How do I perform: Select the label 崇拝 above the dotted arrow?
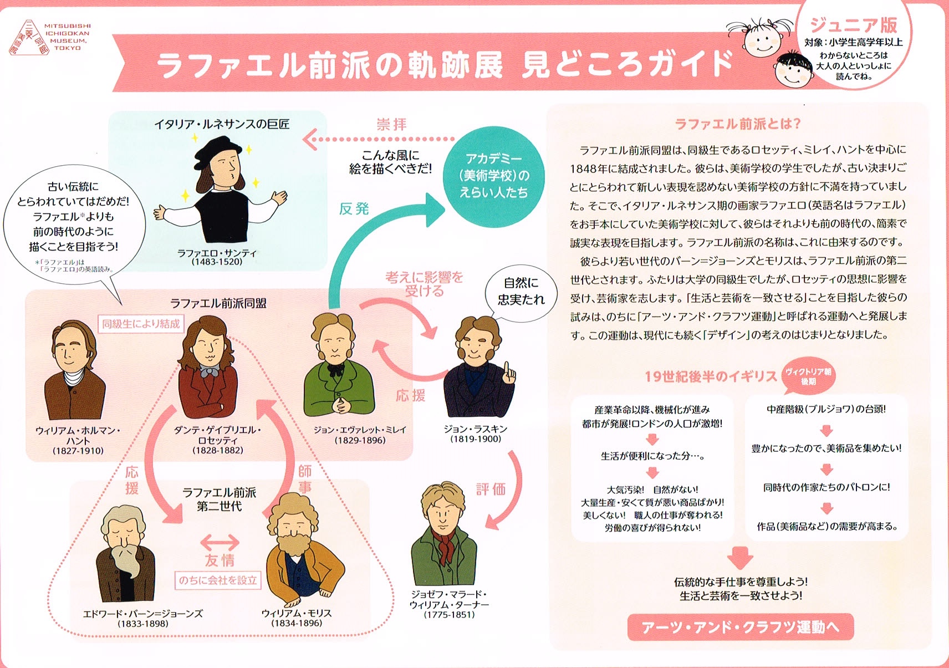pyautogui.click(x=392, y=124)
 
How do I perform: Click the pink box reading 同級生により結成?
pyautogui.click(x=141, y=324)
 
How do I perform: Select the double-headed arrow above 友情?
pyautogui.click(x=220, y=542)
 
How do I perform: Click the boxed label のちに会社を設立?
pyautogui.click(x=218, y=580)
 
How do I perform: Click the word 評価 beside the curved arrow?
pyautogui.click(x=491, y=489)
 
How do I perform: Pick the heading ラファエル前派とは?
pyautogui.click(x=737, y=124)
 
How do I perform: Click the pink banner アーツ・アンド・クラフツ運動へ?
pyautogui.click(x=740, y=627)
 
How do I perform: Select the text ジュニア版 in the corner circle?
pyautogui.click(x=853, y=25)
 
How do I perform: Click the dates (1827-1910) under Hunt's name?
pyautogui.click(x=78, y=451)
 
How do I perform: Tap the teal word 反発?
pyautogui.click(x=354, y=209)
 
